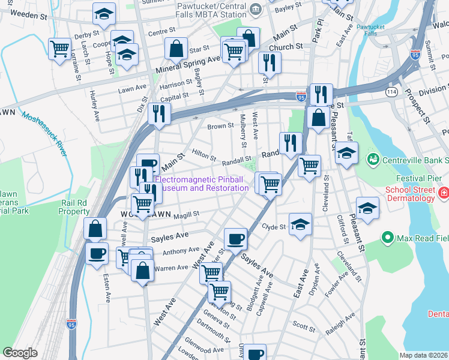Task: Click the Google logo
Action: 20,353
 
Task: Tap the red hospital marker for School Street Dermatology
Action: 444,193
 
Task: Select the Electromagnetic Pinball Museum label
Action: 202,184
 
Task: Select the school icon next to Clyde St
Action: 300,224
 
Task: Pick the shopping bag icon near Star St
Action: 176,49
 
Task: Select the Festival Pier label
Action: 415,178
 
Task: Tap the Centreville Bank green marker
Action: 373,159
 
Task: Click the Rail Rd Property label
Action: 74,206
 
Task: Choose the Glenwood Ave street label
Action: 205,349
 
